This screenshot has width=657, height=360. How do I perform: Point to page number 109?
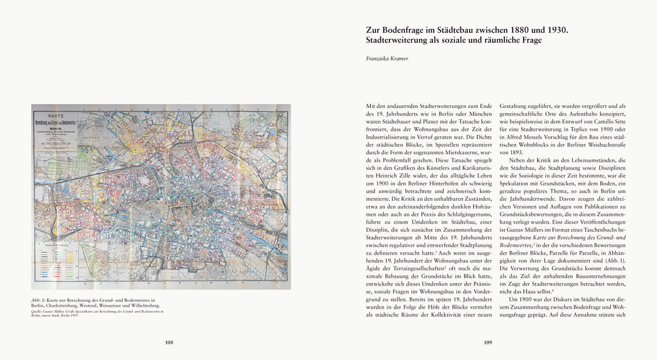click(488, 343)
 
